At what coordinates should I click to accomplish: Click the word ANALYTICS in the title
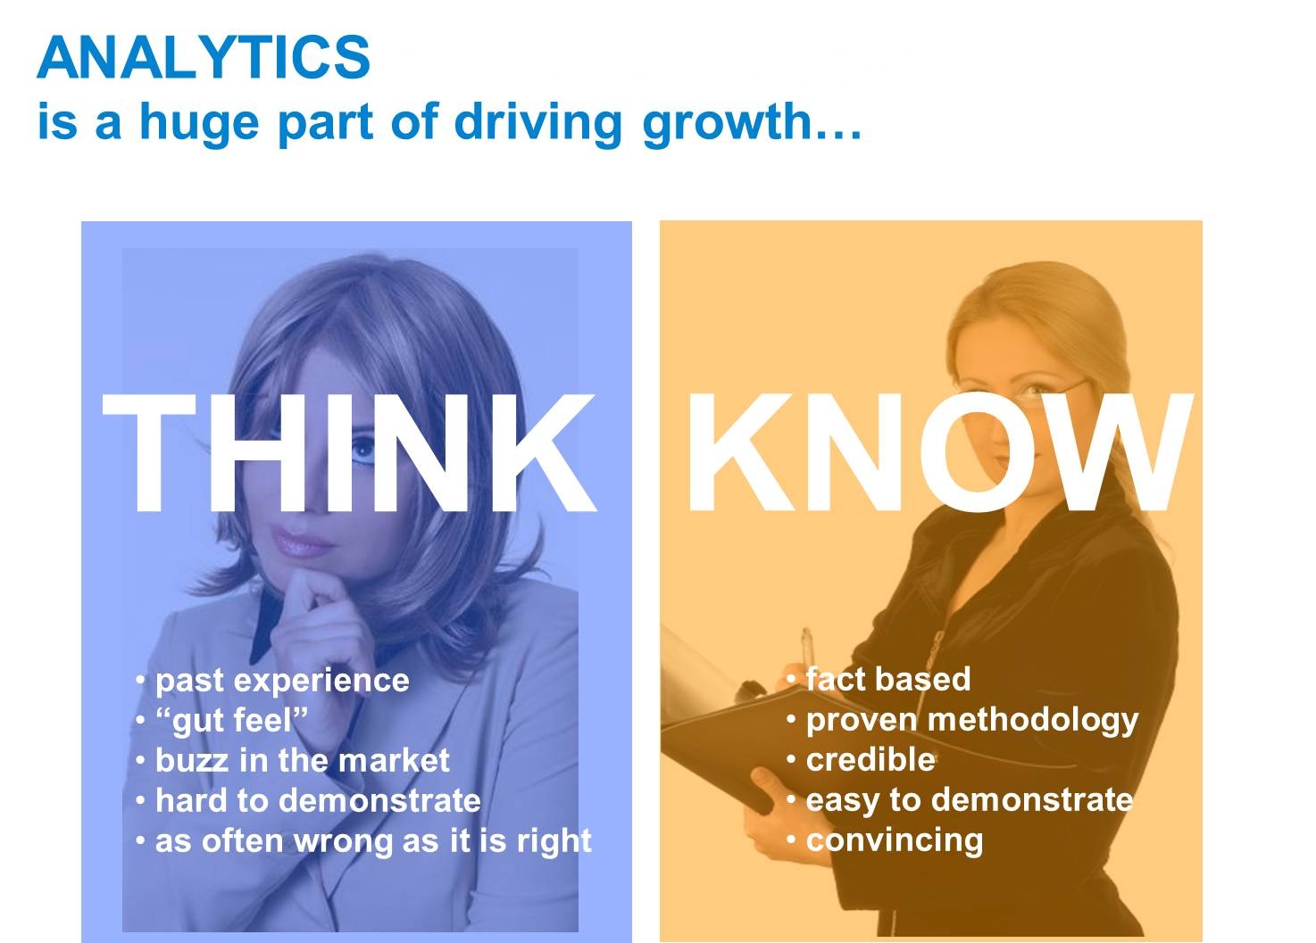[204, 57]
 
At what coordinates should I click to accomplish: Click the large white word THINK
[349, 452]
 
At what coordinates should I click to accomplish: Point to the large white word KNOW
[940, 452]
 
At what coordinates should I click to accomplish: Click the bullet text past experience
[282, 681]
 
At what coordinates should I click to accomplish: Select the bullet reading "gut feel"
[231, 721]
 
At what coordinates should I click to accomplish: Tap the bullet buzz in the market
[302, 760]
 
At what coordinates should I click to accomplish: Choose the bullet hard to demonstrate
[318, 800]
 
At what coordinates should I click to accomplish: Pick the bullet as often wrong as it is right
[374, 840]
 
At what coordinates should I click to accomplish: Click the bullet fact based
[887, 679]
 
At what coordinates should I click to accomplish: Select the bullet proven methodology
[972, 721]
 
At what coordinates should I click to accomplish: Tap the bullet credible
[870, 759]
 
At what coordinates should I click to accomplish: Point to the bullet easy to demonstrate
[970, 800]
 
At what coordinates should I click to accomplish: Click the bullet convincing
[895, 840]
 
